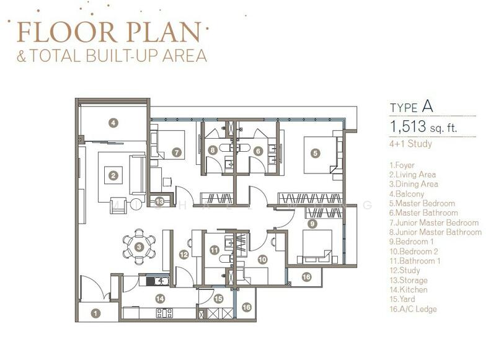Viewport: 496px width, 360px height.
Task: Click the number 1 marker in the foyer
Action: [95, 314]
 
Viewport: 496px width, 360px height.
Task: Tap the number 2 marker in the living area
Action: [113, 175]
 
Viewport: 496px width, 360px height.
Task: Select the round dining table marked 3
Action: [139, 247]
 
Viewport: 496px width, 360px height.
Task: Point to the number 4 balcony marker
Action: [113, 122]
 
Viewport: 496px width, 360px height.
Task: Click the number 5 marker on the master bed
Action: [315, 154]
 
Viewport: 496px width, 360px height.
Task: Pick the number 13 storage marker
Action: [160, 201]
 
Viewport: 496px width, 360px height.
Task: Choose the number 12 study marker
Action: [184, 255]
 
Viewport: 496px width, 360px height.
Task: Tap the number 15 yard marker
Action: [218, 299]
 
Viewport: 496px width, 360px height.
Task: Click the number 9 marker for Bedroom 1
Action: [312, 224]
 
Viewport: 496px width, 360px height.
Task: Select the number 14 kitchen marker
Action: [160, 299]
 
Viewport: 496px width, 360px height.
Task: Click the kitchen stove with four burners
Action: [164, 313]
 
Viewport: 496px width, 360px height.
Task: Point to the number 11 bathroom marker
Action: [215, 250]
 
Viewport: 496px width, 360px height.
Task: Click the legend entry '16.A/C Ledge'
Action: [413, 309]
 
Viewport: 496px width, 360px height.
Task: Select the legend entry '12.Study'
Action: [405, 271]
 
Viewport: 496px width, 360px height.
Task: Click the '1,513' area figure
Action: [408, 126]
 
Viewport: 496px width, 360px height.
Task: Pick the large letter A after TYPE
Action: [427, 107]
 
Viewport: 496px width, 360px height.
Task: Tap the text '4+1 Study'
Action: [410, 144]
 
